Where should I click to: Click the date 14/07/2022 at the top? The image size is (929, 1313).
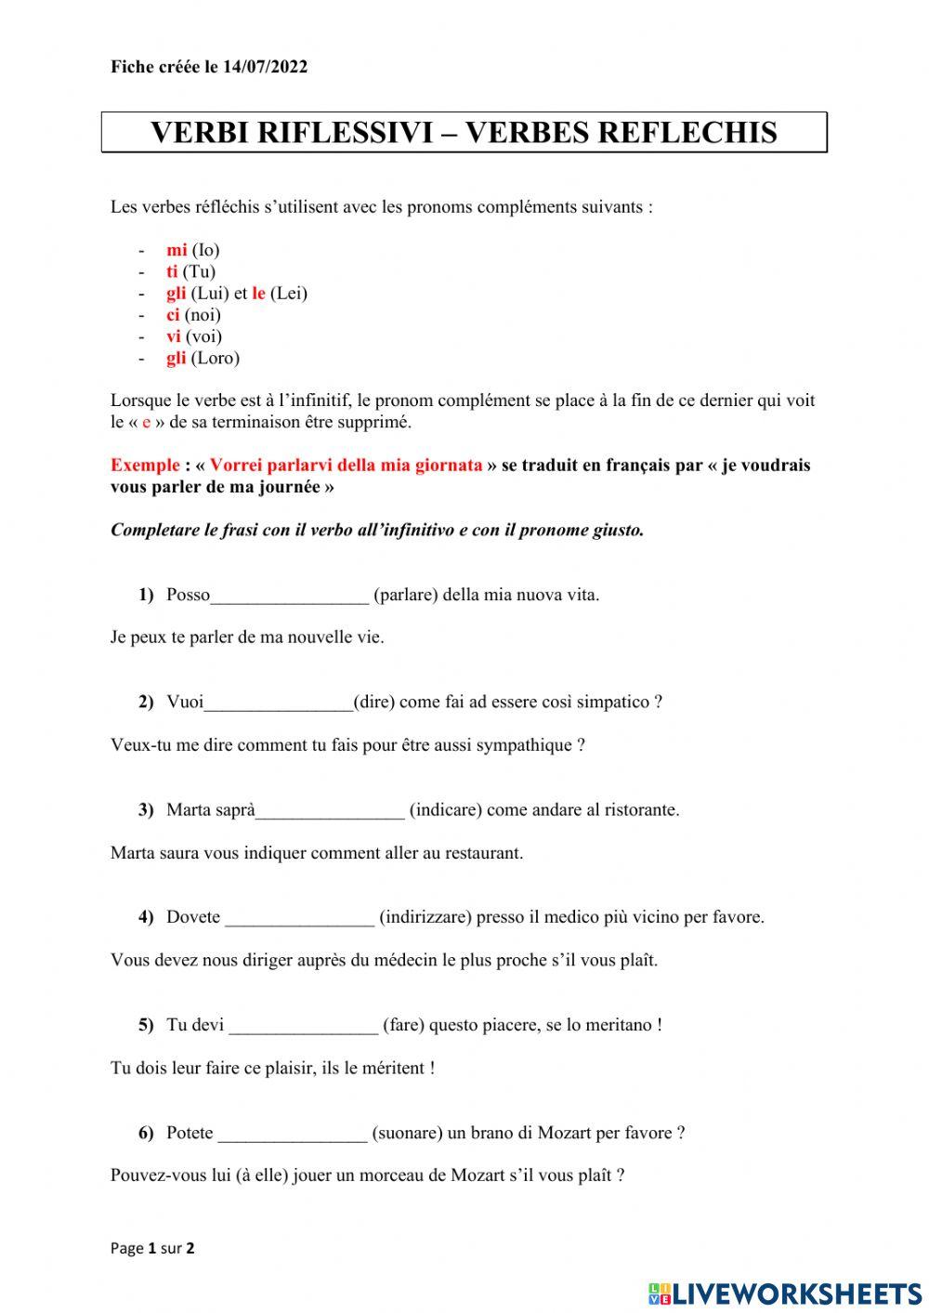coord(265,67)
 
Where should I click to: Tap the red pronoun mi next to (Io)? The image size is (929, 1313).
coord(177,250)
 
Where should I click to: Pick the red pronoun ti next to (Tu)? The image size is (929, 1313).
coord(172,271)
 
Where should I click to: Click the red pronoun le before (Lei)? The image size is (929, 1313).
coord(258,294)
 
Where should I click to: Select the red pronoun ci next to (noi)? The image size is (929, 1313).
coord(173,315)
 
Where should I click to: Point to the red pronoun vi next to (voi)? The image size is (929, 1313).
coord(174,336)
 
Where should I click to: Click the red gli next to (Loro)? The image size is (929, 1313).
coord(177,358)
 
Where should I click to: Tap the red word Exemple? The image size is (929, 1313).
coord(145,466)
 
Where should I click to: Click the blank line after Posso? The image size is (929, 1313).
coord(290,597)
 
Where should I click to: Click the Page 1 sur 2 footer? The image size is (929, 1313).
coord(152,1248)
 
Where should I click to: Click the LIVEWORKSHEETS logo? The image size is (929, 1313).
coord(785,1293)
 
